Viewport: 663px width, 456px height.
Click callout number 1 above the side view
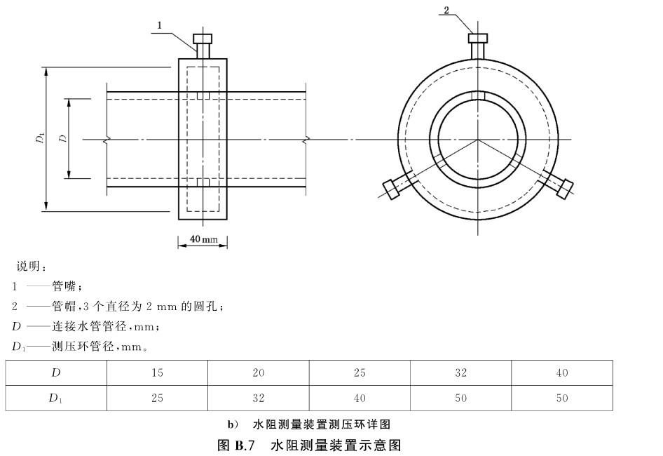pyautogui.click(x=160, y=25)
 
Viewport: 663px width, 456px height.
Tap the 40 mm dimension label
pyautogui.click(x=203, y=240)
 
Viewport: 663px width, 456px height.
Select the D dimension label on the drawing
pyautogui.click(x=63, y=139)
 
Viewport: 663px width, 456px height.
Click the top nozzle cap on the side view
pyautogui.click(x=203, y=38)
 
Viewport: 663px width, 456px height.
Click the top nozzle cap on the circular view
pyautogui.click(x=479, y=38)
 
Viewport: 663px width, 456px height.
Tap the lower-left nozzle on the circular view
pyautogui.click(x=392, y=187)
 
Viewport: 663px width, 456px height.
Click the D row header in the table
pyautogui.click(x=56, y=373)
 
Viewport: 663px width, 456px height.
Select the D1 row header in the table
pyautogui.click(x=56, y=398)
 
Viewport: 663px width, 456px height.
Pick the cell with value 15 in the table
pyautogui.click(x=157, y=373)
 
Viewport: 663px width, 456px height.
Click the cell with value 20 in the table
pyautogui.click(x=258, y=373)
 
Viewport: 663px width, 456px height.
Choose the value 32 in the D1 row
pyautogui.click(x=258, y=398)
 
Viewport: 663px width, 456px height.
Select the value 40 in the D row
pyautogui.click(x=562, y=373)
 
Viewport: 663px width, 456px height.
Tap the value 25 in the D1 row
pyautogui.click(x=157, y=398)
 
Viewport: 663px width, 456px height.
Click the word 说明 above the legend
pyautogui.click(x=29, y=267)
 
